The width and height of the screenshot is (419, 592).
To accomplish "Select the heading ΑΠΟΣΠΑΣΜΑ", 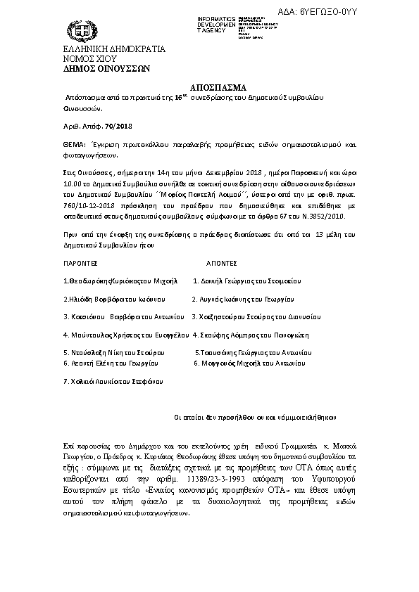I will [x=210, y=88].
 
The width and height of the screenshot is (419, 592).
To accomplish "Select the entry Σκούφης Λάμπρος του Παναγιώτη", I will [x=251, y=335].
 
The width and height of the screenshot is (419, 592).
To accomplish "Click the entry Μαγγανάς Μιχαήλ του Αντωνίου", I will [x=249, y=363].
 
